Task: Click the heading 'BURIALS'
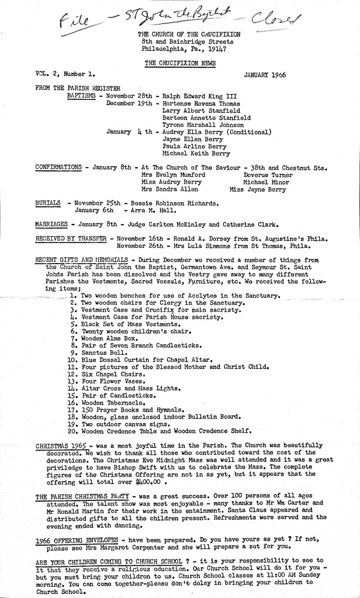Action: [48, 202]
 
